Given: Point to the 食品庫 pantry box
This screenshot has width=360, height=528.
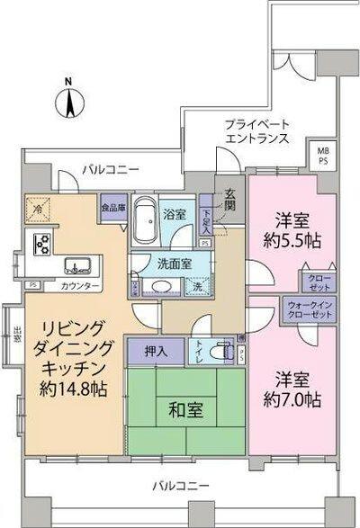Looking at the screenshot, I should click(x=113, y=206).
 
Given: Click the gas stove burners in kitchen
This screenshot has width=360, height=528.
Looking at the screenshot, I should click(x=40, y=243).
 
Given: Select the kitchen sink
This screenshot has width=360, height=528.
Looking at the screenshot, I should click(x=76, y=266).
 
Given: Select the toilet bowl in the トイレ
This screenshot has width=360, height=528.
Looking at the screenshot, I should click(x=220, y=352).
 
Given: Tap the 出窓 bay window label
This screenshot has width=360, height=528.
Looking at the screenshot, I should click(x=17, y=334).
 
